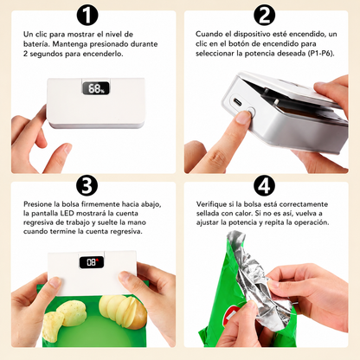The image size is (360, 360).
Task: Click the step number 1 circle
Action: pos(87,15)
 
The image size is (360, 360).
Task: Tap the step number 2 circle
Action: pos(264,15)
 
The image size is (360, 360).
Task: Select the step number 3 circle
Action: pos(87,185)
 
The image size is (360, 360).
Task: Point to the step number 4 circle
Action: pos(264,185)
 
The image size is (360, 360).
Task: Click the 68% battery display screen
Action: pos(96,88)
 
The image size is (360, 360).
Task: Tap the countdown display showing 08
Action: pos(92,262)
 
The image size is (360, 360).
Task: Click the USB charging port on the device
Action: pos(239,102)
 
